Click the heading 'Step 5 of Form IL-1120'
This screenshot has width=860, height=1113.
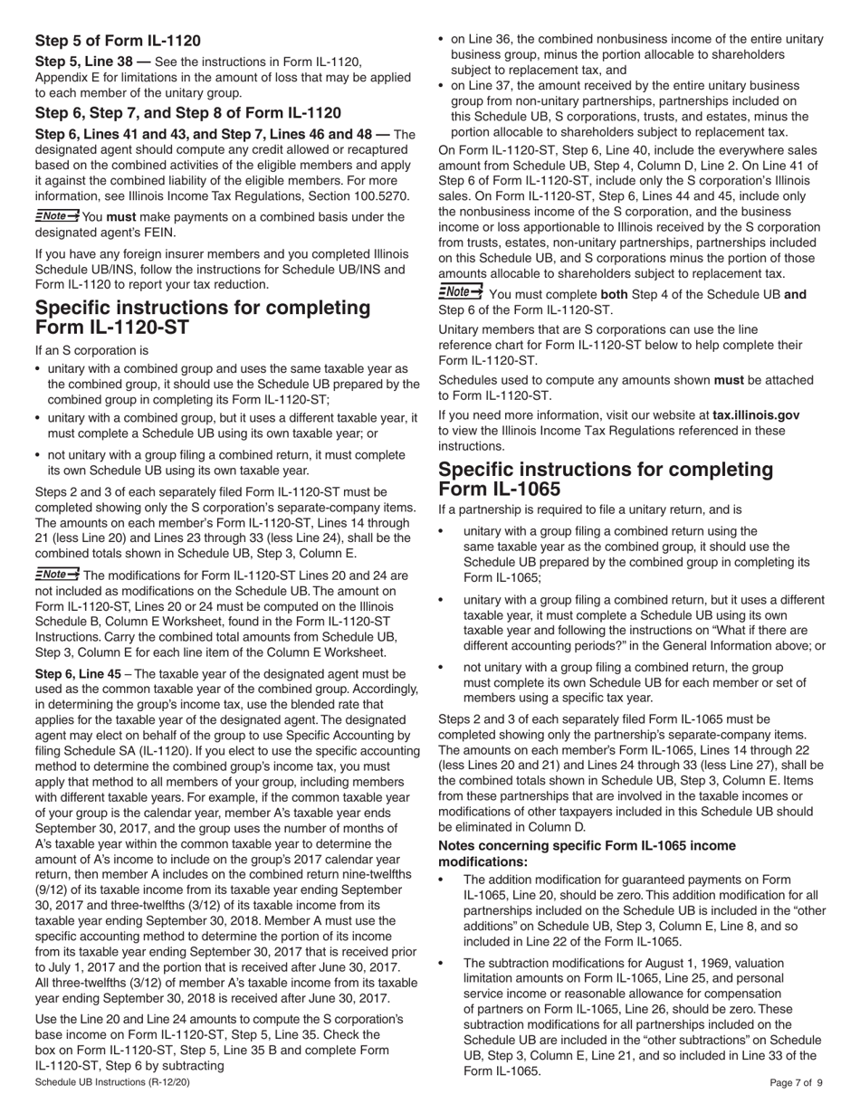click(x=118, y=41)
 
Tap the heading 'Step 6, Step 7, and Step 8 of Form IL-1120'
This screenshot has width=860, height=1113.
click(x=188, y=113)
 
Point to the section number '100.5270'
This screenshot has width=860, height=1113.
click(x=380, y=196)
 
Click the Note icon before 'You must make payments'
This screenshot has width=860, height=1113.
click(x=57, y=216)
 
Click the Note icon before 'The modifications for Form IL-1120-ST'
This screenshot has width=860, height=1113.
click(x=57, y=575)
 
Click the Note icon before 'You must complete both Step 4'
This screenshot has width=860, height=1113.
click(x=461, y=292)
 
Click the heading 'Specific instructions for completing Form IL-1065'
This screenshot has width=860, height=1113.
click(x=606, y=479)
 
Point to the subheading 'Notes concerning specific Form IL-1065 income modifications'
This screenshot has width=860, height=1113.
click(x=587, y=853)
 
